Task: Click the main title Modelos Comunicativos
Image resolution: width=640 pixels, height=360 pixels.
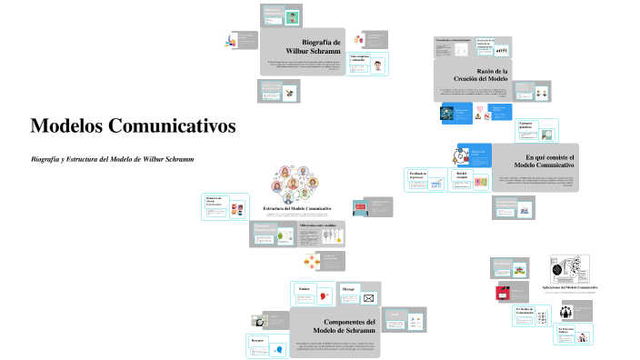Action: point(133,125)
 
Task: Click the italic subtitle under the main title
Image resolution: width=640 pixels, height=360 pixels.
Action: point(113,159)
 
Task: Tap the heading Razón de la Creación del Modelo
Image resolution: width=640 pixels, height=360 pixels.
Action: point(493,75)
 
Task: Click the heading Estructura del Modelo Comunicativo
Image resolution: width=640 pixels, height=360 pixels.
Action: point(296,208)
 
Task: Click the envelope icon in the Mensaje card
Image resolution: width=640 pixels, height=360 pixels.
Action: point(368,298)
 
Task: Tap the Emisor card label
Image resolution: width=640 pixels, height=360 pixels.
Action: point(304,289)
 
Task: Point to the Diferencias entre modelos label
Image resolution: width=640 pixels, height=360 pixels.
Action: point(319,225)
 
